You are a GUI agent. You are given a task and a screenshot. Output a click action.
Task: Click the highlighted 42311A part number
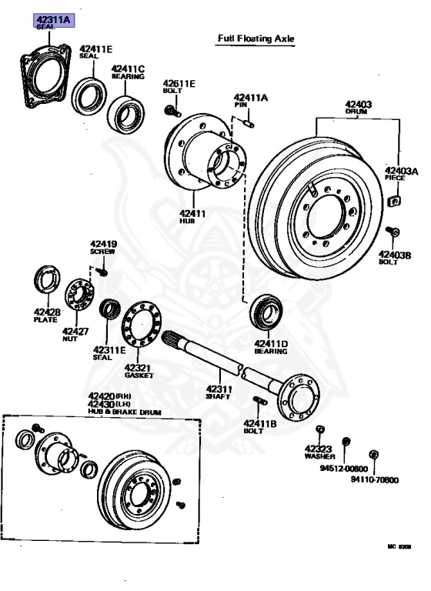coord(54,19)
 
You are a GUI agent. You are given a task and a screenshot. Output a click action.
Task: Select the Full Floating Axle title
coord(256,38)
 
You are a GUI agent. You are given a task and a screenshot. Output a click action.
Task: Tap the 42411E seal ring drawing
coord(89,96)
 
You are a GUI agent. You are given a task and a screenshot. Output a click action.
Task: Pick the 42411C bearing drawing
coord(125,115)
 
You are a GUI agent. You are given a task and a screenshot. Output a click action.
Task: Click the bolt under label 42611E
coord(172,111)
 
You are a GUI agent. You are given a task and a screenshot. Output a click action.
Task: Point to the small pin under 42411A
coord(249,123)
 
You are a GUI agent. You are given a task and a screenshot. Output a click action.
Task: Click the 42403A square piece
coord(394,201)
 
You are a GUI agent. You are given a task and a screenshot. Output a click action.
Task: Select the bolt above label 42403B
coord(393,232)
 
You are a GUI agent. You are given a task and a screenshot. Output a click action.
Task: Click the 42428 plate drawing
coord(47,279)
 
